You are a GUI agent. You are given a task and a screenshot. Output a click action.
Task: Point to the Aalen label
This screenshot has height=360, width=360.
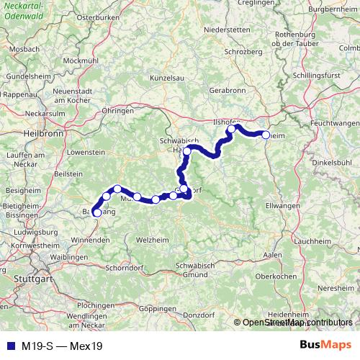tap(273, 256)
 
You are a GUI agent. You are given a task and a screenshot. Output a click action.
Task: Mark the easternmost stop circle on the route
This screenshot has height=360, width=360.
tap(266, 135)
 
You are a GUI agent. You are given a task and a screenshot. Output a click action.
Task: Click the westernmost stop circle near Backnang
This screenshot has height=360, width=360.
tap(97, 212)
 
